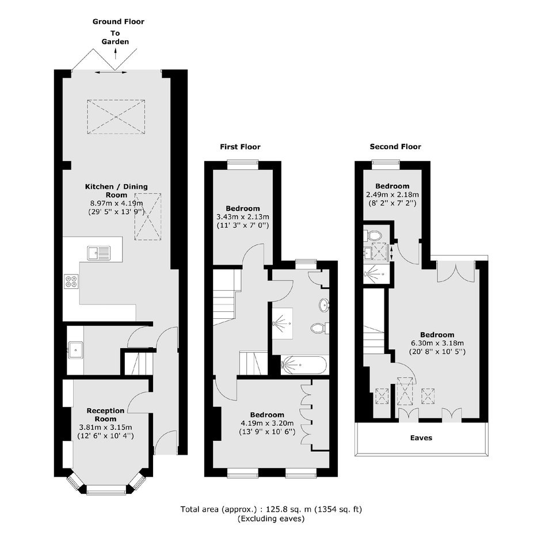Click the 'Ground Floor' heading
pyautogui.click(x=119, y=22)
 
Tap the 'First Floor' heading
pyautogui.click(x=240, y=147)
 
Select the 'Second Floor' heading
pyautogui.click(x=395, y=147)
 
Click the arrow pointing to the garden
pyautogui.click(x=115, y=54)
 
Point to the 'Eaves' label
pyautogui.click(x=421, y=438)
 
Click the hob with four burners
pyautogui.click(x=71, y=281)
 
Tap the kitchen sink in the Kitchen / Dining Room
pyautogui.click(x=99, y=253)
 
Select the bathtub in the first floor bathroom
pyautogui.click(x=304, y=365)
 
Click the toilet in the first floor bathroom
pyautogui.click(x=320, y=328)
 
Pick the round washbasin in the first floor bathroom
pyautogui.click(x=325, y=305)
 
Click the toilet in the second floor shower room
pyautogui.click(x=372, y=235)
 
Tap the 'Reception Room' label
pyautogui.click(x=105, y=415)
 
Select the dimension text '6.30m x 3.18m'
pyautogui.click(x=437, y=343)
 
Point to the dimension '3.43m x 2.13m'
pyautogui.click(x=242, y=217)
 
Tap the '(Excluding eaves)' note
pyautogui.click(x=271, y=519)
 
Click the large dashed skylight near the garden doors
pyautogui.click(x=116, y=117)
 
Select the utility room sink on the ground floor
pyautogui.click(x=75, y=350)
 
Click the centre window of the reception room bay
pyautogui.click(x=106, y=490)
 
